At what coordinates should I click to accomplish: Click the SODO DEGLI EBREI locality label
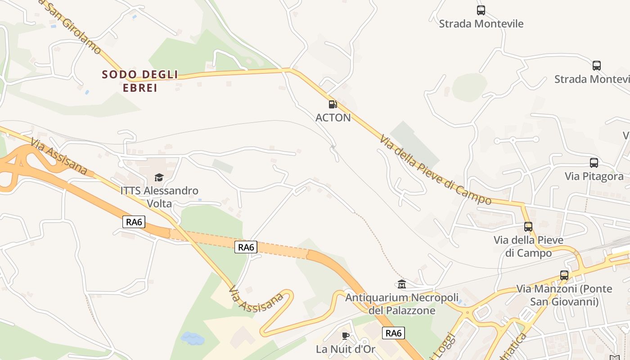point(140,81)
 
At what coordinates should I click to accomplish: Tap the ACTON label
point(333,118)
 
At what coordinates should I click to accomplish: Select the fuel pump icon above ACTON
point(333,104)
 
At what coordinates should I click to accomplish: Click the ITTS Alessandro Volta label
point(159,197)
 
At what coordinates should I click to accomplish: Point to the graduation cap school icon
point(159,178)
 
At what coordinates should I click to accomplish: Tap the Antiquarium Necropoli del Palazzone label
point(401,304)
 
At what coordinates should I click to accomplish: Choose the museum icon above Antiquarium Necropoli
point(402,284)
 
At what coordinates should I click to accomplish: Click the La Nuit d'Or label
point(345,349)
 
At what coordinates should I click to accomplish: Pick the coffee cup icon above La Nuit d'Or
point(346,335)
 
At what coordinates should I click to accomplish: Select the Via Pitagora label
point(594,176)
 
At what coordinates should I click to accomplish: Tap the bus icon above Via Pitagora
point(594,163)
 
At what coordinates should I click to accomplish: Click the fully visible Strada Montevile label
point(481,23)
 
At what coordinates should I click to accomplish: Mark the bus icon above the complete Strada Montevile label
point(481,10)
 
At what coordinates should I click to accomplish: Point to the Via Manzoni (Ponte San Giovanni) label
point(564,295)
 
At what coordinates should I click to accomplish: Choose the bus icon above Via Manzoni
point(564,275)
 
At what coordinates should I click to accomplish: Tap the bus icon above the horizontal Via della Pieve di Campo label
point(528,227)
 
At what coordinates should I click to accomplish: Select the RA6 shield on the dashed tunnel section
point(246,247)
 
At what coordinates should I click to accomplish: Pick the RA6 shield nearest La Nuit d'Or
point(393,333)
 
